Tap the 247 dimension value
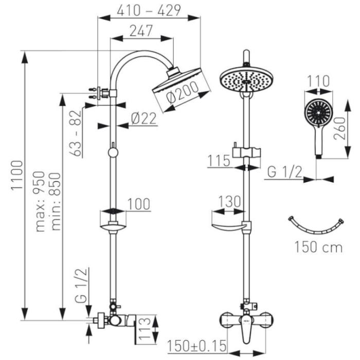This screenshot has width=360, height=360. [x=141, y=30]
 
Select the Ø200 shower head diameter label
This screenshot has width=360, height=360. [x=183, y=95]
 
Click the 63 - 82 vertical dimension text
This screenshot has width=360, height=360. [x=76, y=132]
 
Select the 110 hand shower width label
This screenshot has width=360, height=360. [x=319, y=81]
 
